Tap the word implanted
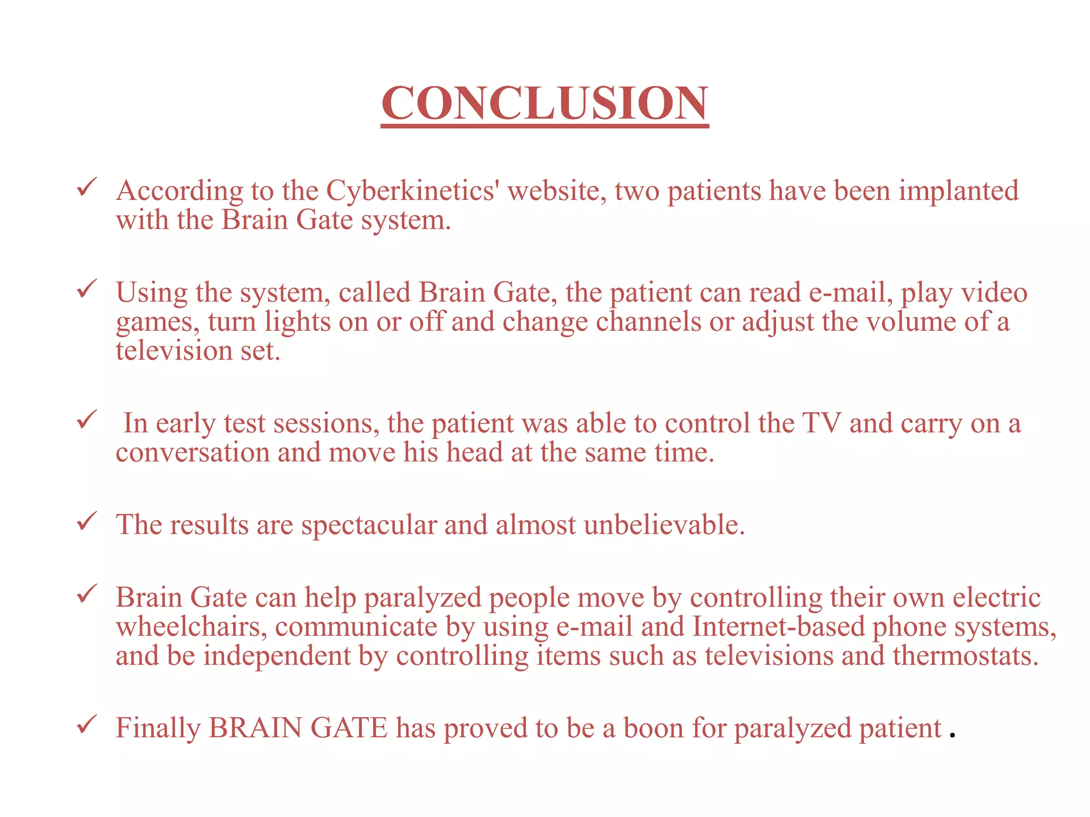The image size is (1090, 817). click(x=959, y=191)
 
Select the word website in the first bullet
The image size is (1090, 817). click(x=557, y=191)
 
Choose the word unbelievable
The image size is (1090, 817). click(x=664, y=525)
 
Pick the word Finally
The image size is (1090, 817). click(x=158, y=728)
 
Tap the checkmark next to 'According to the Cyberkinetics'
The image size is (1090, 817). click(x=87, y=187)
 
